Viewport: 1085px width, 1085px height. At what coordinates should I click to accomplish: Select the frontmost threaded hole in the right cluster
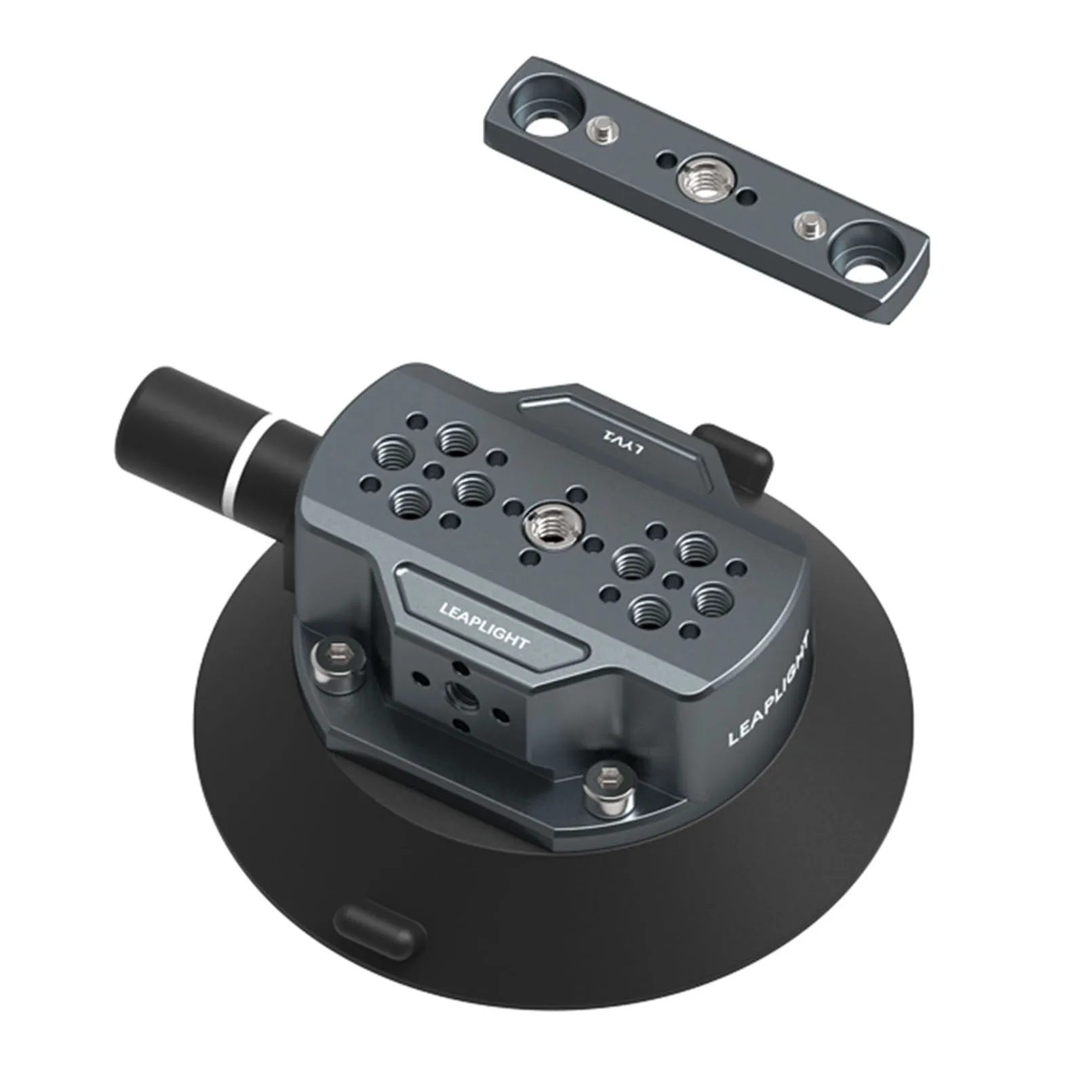point(648,610)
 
